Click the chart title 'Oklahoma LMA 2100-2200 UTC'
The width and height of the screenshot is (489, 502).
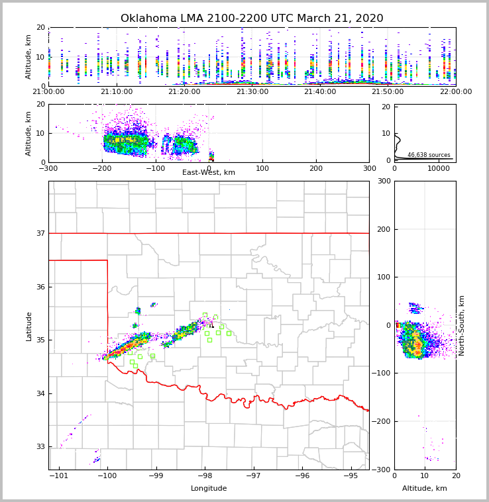(x=252, y=19)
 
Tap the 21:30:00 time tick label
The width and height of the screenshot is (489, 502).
(x=252, y=92)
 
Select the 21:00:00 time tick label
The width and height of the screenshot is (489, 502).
(x=48, y=92)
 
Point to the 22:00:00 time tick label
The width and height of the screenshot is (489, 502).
(x=455, y=92)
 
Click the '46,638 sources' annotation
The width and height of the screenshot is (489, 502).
(x=429, y=155)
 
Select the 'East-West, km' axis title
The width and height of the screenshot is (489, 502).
(x=209, y=173)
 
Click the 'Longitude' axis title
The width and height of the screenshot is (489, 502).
(x=209, y=489)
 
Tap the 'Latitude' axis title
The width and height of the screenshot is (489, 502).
(x=29, y=326)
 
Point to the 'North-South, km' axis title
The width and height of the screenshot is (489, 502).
(x=462, y=325)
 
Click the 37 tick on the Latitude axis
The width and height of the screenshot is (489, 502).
(x=40, y=233)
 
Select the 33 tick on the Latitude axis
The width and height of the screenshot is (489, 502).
(x=40, y=447)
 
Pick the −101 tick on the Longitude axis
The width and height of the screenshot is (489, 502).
(x=59, y=476)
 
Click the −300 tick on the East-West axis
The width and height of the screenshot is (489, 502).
(x=48, y=168)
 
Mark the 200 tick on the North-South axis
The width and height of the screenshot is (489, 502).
(x=382, y=229)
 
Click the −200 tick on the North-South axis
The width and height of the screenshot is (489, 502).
(x=380, y=421)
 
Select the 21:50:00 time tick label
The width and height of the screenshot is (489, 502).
(x=388, y=92)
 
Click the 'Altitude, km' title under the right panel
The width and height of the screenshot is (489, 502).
(x=425, y=489)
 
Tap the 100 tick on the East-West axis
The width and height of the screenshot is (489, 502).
(x=262, y=168)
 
